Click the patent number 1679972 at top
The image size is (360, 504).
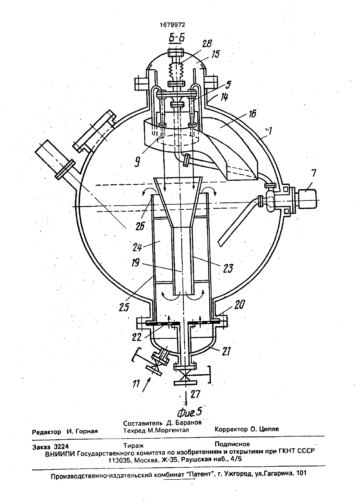click(x=172, y=25)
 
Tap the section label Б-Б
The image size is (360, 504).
click(x=177, y=38)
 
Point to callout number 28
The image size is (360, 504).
click(x=206, y=43)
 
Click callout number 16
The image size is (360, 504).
click(x=252, y=114)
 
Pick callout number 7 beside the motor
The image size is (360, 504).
click(x=314, y=173)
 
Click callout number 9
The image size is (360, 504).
click(x=137, y=162)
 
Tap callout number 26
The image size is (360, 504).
click(x=140, y=226)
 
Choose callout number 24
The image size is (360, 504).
click(x=137, y=247)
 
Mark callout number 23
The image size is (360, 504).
click(x=227, y=269)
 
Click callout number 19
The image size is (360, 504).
click(x=136, y=262)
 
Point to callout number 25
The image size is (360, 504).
click(x=124, y=307)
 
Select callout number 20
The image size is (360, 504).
click(x=239, y=305)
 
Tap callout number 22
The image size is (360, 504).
click(x=136, y=337)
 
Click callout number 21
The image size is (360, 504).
click(x=226, y=351)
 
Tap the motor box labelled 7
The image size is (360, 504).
click(x=307, y=199)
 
